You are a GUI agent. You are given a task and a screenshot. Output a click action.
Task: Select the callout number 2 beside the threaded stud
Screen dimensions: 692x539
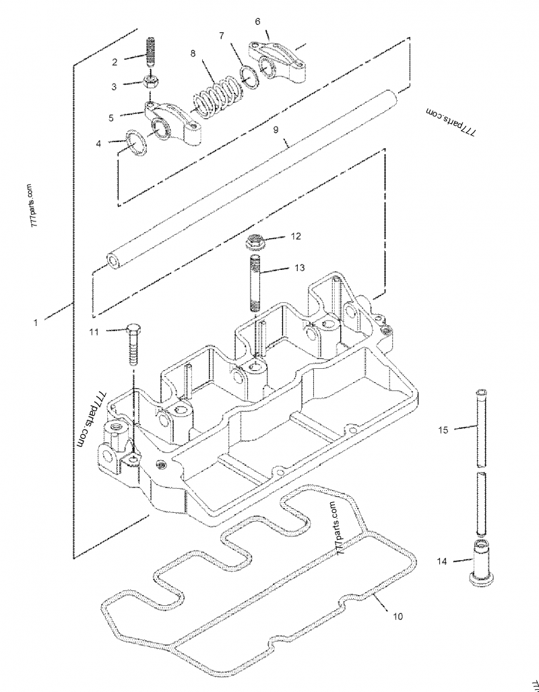pos(115,62)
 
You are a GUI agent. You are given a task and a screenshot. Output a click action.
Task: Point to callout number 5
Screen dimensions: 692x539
pos(110,117)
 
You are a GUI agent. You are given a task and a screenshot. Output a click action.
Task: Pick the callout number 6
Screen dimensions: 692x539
pos(257,22)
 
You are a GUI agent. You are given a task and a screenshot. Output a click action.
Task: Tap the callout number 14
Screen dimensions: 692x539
pos(441,560)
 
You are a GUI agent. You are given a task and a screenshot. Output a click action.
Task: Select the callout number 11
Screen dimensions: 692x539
pos(94,331)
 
